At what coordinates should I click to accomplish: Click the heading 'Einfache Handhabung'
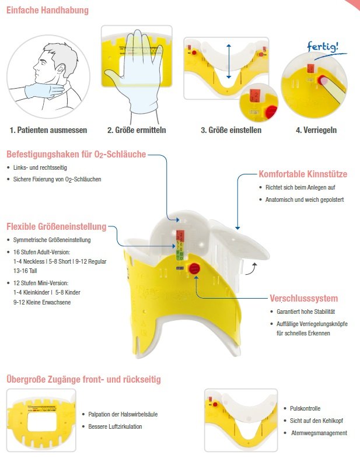47,10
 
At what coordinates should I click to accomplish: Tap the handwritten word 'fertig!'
323,46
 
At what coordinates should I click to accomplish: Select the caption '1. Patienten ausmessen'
48,130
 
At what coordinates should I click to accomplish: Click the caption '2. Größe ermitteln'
137,130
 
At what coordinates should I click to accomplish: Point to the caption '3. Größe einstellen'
231,130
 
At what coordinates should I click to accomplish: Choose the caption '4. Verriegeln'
316,130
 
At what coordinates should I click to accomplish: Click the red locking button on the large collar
194,269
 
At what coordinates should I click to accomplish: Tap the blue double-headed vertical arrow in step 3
229,61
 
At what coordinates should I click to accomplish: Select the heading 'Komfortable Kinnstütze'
303,174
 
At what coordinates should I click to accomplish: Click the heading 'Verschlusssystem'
304,298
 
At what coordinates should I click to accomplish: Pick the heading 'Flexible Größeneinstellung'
56,226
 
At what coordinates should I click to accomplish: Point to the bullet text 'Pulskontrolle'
305,408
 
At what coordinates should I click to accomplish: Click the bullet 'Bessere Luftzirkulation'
115,426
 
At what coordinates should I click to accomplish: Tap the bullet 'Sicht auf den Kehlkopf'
316,421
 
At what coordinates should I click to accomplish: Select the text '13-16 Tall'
25,271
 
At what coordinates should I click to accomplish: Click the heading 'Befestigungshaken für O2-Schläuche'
76,155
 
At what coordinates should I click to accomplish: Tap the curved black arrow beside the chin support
251,269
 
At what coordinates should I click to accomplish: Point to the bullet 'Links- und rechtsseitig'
40,167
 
